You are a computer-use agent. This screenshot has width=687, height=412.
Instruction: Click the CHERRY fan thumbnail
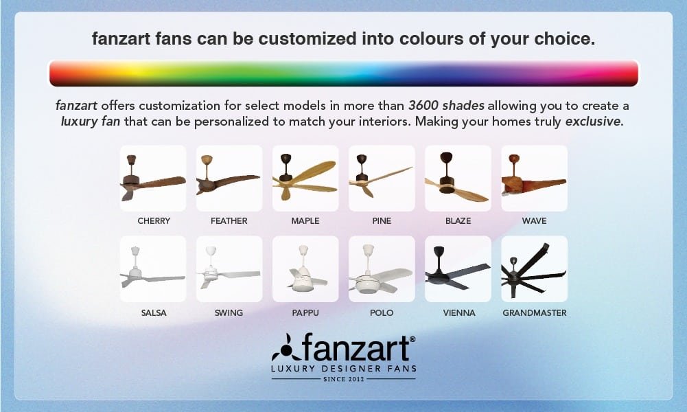[x=153, y=178]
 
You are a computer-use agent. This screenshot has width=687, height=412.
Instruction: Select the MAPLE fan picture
[x=305, y=178]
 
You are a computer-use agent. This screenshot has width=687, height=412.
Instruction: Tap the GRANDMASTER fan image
[x=534, y=269]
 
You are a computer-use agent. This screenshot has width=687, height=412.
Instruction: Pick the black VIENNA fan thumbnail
[x=458, y=269]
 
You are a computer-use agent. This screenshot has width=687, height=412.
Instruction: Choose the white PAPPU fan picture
[x=305, y=269]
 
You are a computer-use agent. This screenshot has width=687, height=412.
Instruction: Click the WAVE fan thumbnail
[x=534, y=178]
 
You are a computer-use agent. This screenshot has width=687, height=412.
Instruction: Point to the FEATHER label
[x=229, y=221]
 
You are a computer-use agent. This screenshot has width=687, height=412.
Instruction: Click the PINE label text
[x=382, y=221]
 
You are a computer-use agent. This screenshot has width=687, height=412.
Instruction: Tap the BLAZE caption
[x=458, y=221]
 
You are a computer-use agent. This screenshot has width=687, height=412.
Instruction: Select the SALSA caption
[x=154, y=313]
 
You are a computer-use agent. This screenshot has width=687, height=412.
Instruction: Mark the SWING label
[x=229, y=313]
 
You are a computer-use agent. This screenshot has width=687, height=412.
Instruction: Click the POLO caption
[x=382, y=313]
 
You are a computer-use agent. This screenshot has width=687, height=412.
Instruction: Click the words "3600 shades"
[x=447, y=106]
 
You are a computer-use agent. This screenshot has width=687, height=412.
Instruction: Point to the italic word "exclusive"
[x=593, y=122]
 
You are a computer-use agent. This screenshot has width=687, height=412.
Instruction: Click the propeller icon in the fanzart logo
[x=286, y=347]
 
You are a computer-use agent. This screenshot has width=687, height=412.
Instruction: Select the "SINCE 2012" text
[x=344, y=379]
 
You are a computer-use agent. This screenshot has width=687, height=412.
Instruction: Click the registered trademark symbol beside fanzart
[x=412, y=339]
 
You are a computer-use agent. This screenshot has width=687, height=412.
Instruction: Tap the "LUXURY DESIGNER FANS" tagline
[x=344, y=369]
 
